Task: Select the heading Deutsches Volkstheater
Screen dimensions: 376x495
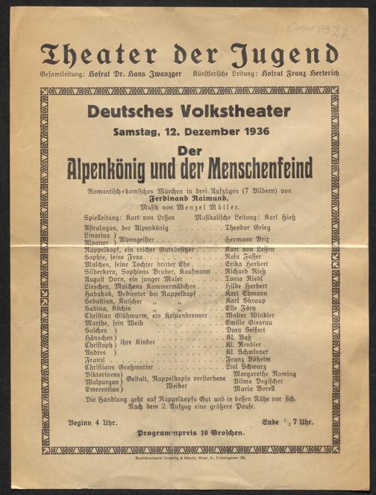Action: [188, 111]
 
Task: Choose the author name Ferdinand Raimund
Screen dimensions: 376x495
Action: [188, 191]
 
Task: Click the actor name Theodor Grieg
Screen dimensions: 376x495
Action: [251, 224]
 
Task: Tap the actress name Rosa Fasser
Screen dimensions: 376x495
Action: [244, 257]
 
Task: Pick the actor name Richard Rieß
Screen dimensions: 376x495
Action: [247, 274]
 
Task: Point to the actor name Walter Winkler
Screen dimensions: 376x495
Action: [250, 315]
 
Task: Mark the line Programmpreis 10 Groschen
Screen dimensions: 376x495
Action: [188, 432]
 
